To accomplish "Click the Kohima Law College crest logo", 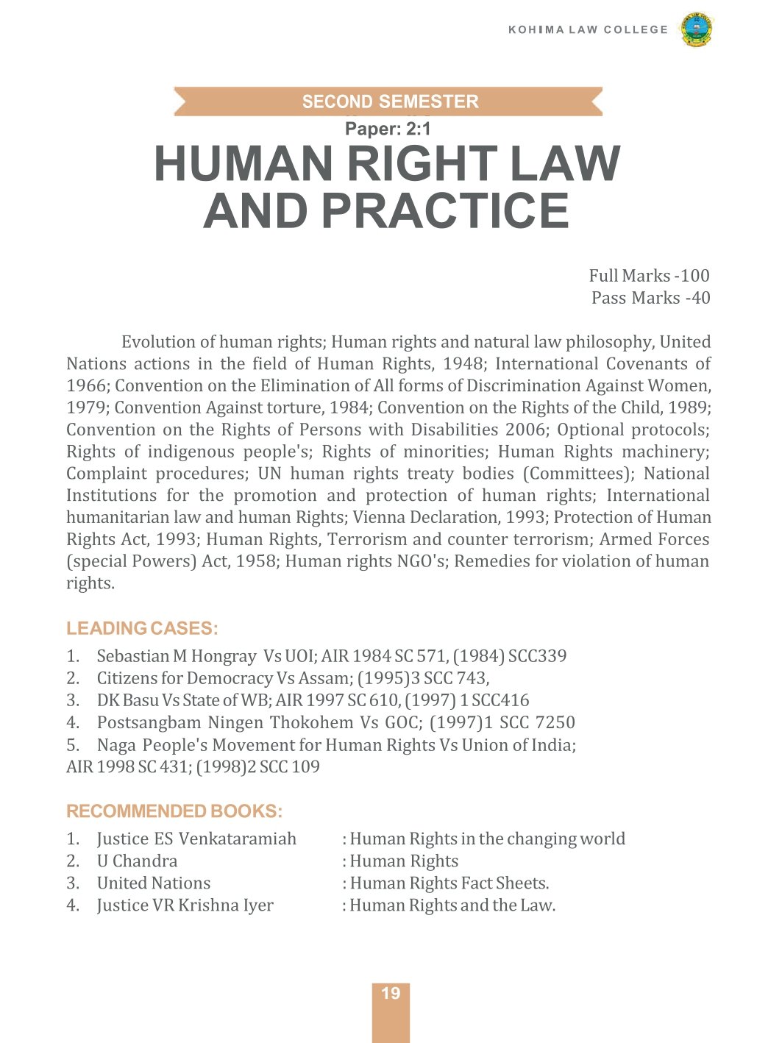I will click(x=696, y=29).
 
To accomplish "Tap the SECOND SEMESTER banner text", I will click(x=390, y=102).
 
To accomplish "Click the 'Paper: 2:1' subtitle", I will click(x=388, y=129).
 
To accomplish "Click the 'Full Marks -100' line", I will click(x=649, y=276).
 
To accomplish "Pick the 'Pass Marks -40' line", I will click(x=650, y=298).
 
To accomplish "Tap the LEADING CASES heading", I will click(x=142, y=628).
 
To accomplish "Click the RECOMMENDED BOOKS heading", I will click(x=174, y=811).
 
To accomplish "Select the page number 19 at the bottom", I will click(x=391, y=994).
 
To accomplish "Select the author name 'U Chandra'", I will click(x=137, y=861).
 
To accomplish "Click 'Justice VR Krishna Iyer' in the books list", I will click(x=185, y=905).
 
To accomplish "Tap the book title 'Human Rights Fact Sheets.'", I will click(x=449, y=883).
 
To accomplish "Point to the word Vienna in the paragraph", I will click(x=377, y=517).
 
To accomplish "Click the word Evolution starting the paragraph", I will click(x=158, y=342).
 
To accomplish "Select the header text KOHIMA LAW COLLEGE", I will click(x=588, y=29).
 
